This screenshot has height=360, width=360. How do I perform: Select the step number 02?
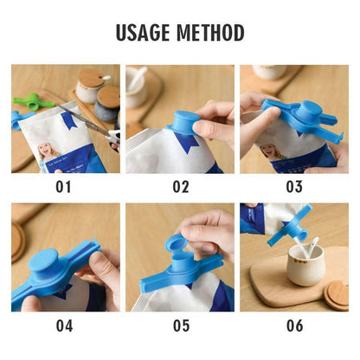(180, 184)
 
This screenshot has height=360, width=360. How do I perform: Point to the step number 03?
(294, 184)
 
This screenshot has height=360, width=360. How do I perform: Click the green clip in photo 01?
(26, 100)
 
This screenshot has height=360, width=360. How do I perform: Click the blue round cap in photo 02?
(188, 120)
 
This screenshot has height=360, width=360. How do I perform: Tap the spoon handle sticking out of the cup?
(310, 247)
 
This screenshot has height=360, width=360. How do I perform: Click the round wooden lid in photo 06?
(337, 293)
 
